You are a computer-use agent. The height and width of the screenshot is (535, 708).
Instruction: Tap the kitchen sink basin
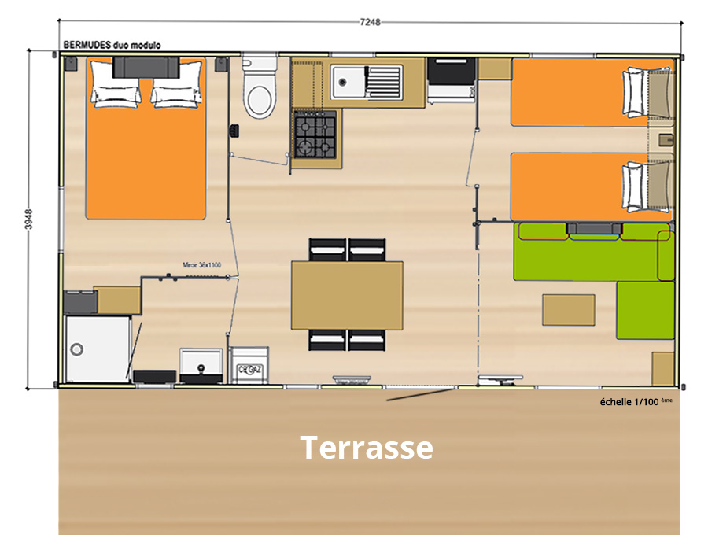pyautogui.click(x=346, y=79)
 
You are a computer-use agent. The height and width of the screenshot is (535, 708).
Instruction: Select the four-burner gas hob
pyautogui.click(x=315, y=134)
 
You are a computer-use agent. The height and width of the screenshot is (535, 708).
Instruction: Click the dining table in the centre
pyautogui.click(x=347, y=295)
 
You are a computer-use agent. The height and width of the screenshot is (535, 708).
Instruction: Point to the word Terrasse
pyautogui.click(x=367, y=447)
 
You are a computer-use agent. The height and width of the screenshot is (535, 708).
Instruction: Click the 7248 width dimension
pyautogui.click(x=370, y=22)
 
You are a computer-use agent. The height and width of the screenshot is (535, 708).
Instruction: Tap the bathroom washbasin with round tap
pyautogui.click(x=201, y=363)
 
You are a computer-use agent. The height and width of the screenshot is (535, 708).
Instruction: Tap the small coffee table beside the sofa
pyautogui.click(x=568, y=309)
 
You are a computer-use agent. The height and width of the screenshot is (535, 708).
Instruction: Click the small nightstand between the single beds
pyautogui.click(x=662, y=140)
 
